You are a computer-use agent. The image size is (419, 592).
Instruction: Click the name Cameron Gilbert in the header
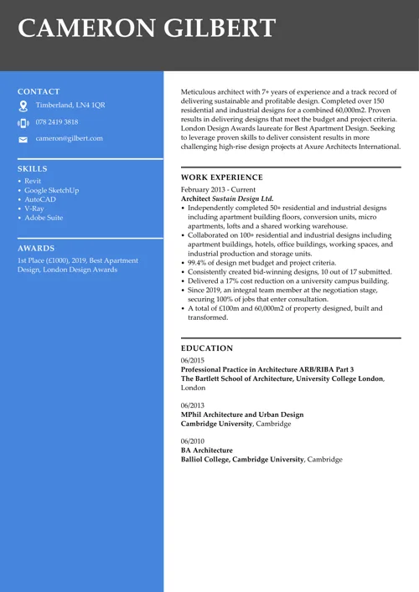click(x=147, y=28)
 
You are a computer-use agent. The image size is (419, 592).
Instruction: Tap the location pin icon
click(x=23, y=106)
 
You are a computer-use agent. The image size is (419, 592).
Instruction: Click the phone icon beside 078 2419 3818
click(x=23, y=122)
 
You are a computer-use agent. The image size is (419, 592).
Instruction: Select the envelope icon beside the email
click(x=23, y=139)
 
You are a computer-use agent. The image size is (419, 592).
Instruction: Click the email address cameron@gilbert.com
click(x=69, y=138)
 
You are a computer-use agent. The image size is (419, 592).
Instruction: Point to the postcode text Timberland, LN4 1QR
click(x=70, y=106)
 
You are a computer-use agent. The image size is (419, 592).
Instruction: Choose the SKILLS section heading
click(x=33, y=169)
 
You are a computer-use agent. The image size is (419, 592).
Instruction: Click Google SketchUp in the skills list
click(x=51, y=190)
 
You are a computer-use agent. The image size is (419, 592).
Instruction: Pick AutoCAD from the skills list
click(x=39, y=199)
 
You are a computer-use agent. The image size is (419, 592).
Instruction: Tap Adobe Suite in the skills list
click(x=44, y=218)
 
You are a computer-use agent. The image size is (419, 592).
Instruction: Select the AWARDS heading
click(x=36, y=249)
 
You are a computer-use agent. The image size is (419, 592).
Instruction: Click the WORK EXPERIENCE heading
click(x=221, y=178)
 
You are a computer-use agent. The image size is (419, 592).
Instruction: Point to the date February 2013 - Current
click(x=219, y=190)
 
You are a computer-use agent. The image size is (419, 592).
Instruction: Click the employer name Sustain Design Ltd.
click(x=242, y=199)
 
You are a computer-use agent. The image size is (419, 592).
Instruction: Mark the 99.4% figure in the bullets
click(x=198, y=263)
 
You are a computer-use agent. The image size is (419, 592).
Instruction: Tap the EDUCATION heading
click(x=207, y=348)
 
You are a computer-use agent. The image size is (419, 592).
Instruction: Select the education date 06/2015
click(x=192, y=360)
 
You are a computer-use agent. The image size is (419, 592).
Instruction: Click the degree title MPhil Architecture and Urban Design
click(x=242, y=414)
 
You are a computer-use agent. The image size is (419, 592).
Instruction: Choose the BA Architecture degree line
click(x=207, y=450)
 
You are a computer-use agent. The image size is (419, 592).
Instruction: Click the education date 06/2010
click(x=192, y=441)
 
